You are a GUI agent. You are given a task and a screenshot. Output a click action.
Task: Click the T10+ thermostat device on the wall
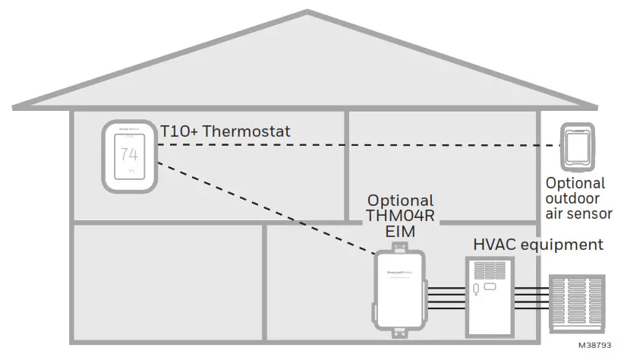click(x=129, y=156)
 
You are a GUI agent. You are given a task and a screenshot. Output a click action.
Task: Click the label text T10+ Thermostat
click(x=225, y=131)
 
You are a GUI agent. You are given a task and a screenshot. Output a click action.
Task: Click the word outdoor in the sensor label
click(x=575, y=198)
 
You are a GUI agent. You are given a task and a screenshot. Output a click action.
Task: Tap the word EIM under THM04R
click(x=400, y=232)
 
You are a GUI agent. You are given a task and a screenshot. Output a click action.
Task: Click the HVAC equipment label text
click(x=538, y=245)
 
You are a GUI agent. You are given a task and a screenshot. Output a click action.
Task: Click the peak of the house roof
click(x=307, y=12)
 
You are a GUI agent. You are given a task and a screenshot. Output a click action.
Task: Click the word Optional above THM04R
click(x=400, y=201)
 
